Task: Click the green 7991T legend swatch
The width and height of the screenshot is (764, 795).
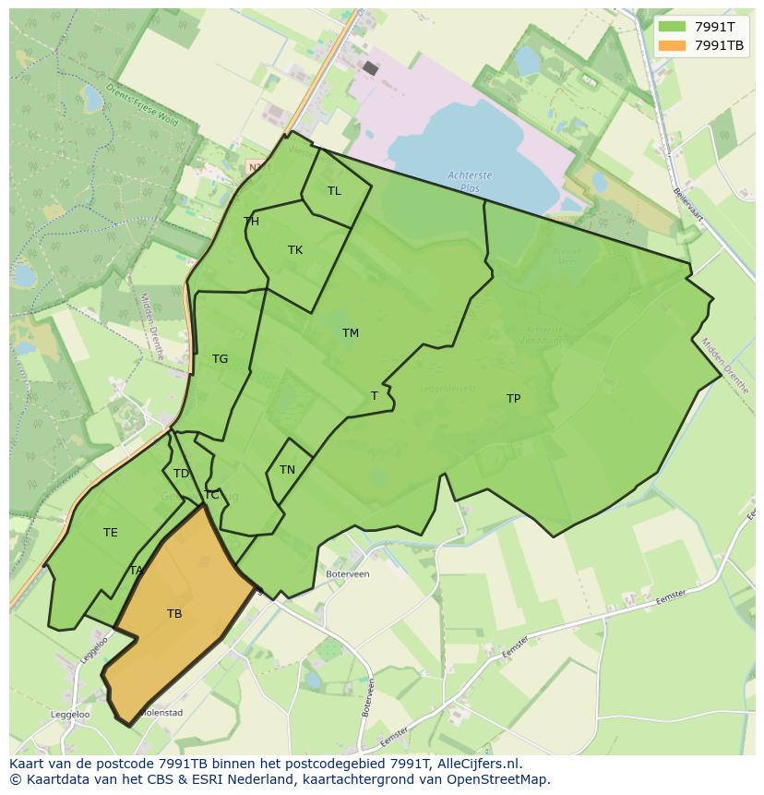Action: point(671,27)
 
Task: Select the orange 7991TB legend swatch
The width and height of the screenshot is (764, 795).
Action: point(671,45)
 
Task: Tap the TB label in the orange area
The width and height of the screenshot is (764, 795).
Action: point(174,614)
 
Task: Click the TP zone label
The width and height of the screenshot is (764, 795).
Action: point(513,399)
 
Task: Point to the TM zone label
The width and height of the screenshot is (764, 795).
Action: point(350,333)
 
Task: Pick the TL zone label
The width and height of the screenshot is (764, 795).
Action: point(334,191)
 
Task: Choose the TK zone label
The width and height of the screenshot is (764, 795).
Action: point(295,250)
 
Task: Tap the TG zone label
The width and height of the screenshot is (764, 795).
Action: point(220,359)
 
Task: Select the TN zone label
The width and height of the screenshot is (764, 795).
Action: point(287,470)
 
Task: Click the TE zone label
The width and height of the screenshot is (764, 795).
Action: point(111,533)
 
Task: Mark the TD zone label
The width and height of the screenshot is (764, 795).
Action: point(181,474)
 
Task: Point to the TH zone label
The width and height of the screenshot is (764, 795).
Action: point(251,222)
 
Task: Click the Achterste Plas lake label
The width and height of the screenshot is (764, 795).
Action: point(470,181)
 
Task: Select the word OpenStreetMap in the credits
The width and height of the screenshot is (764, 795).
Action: point(498,779)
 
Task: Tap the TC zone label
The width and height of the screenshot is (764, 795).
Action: point(211,495)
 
